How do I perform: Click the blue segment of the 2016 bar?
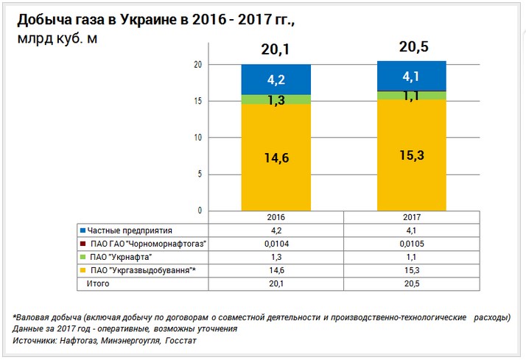[276, 79]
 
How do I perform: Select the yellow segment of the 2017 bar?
[411, 155]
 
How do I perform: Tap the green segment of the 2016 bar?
[276, 99]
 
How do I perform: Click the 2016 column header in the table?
[276, 218]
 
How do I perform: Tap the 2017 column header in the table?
[411, 218]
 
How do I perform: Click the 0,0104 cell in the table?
[276, 244]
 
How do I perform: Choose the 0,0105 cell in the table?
[411, 244]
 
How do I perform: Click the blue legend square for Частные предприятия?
[82, 231]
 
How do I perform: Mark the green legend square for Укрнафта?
[82, 257]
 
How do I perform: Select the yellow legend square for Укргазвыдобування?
[82, 270]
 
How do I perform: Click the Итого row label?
[98, 283]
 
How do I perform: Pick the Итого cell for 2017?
[411, 283]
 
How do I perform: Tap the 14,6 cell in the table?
[276, 270]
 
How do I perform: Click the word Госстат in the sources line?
[180, 341]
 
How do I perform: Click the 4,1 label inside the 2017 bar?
[411, 75]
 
